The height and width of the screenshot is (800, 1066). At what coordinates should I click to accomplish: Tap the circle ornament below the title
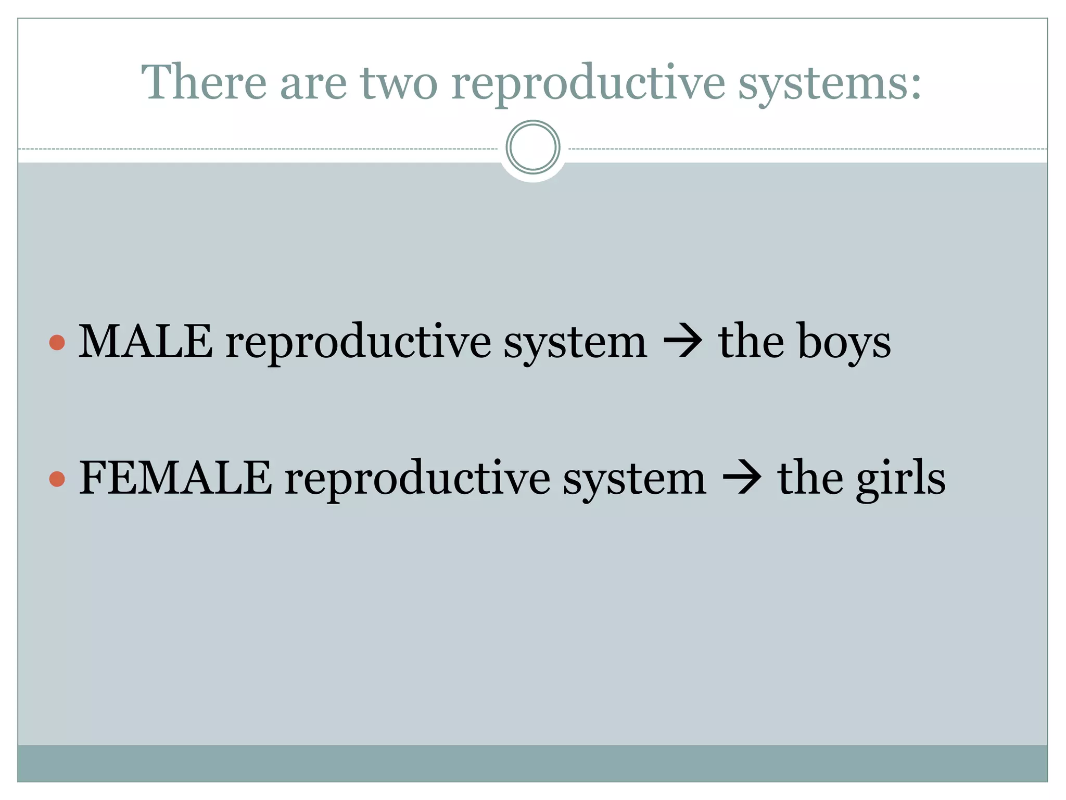click(x=532, y=147)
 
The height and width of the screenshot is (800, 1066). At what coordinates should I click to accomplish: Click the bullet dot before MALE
click(x=57, y=343)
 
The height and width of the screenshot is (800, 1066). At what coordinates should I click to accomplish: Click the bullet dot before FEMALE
click(x=57, y=479)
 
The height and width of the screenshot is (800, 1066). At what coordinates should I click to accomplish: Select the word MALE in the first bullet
click(x=145, y=342)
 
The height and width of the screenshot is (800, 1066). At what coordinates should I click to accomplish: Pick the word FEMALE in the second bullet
click(x=175, y=478)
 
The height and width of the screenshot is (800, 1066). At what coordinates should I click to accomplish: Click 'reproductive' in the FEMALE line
click(x=417, y=479)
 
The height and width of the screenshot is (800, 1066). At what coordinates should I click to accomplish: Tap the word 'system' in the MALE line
click(x=575, y=344)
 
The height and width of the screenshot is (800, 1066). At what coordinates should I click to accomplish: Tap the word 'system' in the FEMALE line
click(x=634, y=480)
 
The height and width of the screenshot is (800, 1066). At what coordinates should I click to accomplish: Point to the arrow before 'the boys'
click(x=682, y=343)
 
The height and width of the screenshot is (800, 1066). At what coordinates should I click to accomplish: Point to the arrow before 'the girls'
click(x=742, y=479)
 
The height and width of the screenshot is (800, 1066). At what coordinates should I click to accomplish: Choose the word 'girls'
click(x=900, y=479)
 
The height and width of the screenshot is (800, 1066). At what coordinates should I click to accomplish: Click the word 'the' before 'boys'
click(x=751, y=342)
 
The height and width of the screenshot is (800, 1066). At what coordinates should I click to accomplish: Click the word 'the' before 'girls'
click(x=810, y=478)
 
